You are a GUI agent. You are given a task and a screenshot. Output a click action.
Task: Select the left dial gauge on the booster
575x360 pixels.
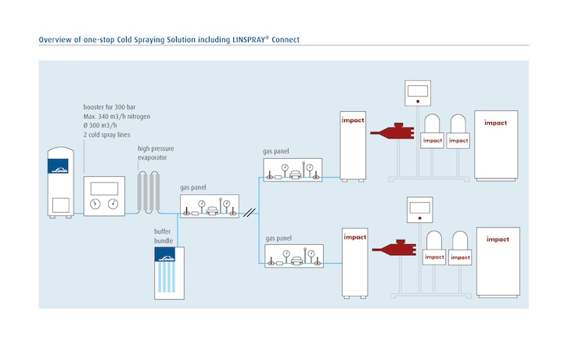pos(96,204)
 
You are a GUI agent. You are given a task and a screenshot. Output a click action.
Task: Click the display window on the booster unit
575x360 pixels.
pos(104,189)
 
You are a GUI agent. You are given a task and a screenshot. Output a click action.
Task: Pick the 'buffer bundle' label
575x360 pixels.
pos(164,236)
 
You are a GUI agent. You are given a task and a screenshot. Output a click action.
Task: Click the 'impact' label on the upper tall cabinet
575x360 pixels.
pos(352,122)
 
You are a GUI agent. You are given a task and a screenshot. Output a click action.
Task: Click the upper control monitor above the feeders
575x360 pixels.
pos(419,92)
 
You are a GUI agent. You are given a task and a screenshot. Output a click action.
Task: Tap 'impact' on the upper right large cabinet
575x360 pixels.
pos(495,123)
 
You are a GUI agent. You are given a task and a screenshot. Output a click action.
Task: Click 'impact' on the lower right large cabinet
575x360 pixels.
pos(497,239)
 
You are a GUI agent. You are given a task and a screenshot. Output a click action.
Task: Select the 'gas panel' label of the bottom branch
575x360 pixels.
pos(279,236)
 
